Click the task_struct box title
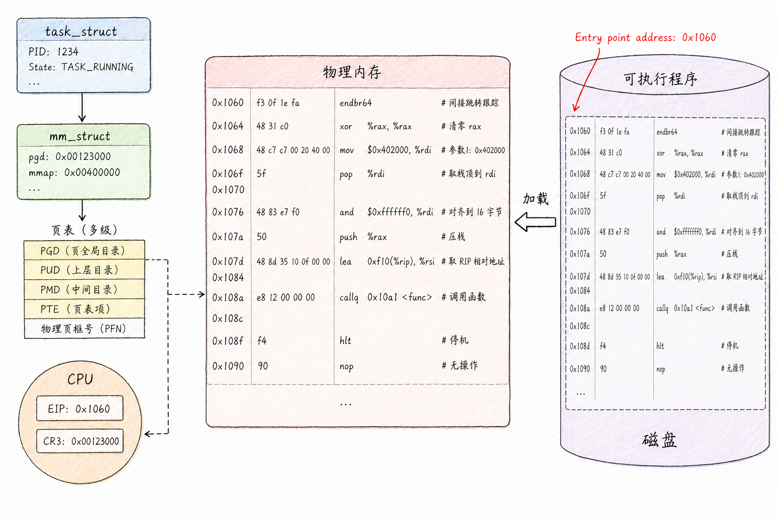81,31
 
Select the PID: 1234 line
54,52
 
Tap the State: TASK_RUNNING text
81,67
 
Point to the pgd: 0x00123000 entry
70,157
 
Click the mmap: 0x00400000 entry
74,173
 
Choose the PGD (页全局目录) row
84,250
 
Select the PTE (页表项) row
84,309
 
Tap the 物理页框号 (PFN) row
84,328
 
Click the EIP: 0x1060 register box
80,409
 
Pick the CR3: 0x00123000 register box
80,441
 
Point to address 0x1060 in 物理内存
228,102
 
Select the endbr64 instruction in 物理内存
356,103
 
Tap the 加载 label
536,199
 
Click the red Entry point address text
645,38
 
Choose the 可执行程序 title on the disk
660,79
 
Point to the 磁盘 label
659,440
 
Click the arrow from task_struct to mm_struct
82,107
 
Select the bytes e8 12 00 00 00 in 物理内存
286,298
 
